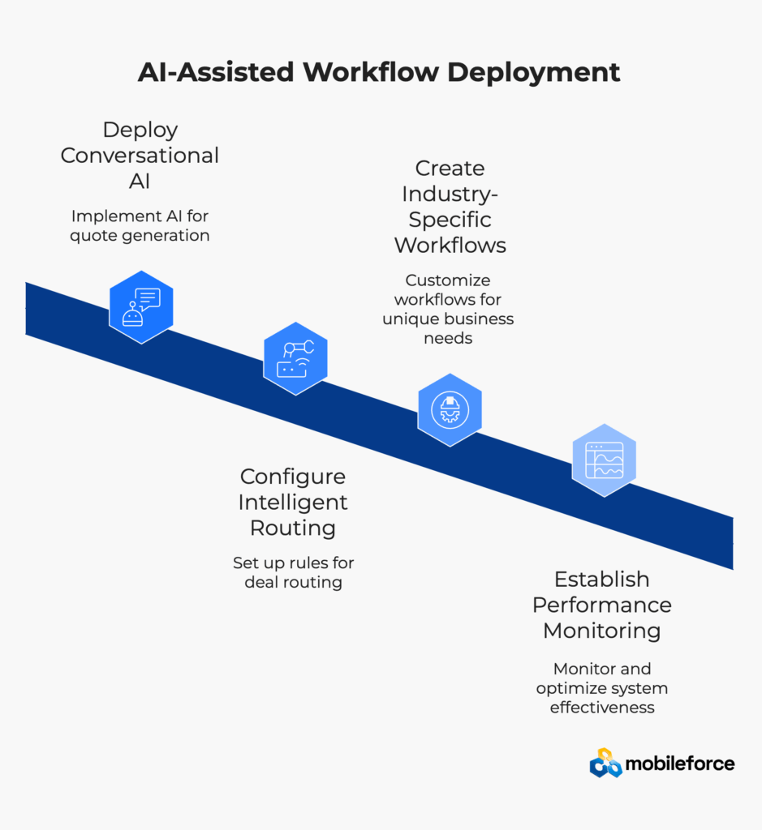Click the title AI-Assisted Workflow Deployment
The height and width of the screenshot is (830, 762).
tap(379, 71)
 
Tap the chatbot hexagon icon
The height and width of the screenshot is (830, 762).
tap(141, 306)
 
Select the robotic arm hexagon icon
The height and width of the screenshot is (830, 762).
tap(295, 358)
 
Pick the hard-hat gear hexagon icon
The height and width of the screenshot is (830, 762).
tap(450, 409)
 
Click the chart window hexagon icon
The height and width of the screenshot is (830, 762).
tap(604, 460)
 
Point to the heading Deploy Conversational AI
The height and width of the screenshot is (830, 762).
tap(140, 155)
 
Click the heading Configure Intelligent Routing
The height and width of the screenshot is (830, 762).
tap(293, 502)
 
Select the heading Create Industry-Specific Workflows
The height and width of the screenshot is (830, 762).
tap(450, 206)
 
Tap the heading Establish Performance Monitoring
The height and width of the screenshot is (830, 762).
tap(602, 605)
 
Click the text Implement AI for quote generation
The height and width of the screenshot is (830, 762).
tap(140, 226)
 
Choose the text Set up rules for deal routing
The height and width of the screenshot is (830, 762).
tap(293, 572)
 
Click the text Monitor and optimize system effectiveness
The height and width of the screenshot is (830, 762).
tap(602, 688)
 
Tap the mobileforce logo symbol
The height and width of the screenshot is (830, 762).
tap(605, 763)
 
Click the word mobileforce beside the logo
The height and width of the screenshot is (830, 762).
tap(680, 764)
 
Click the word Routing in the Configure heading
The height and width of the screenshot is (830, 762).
tap(293, 528)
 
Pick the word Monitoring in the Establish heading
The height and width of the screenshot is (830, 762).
tap(602, 631)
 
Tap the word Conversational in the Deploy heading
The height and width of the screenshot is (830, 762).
tap(140, 155)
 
